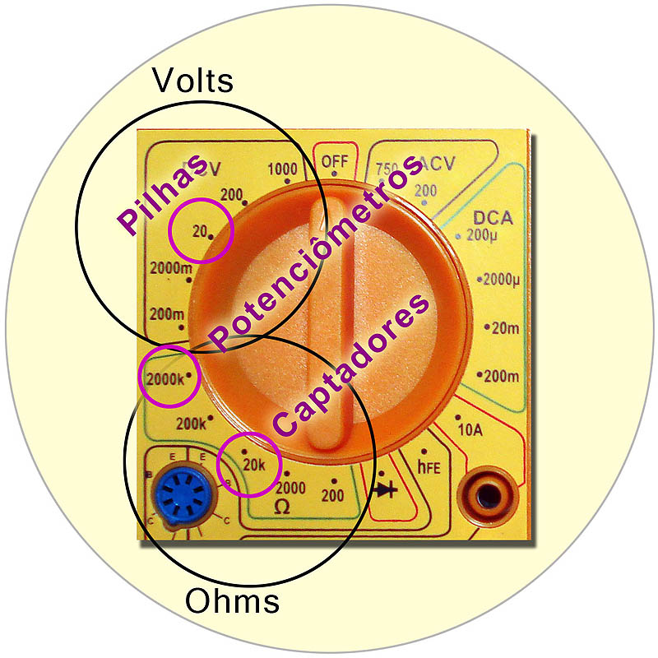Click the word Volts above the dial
click(x=193, y=81)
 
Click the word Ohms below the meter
click(x=232, y=601)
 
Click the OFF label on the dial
click(x=335, y=160)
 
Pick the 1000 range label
click(x=283, y=169)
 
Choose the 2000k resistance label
click(x=167, y=381)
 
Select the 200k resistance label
click(x=192, y=424)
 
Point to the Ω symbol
click(x=281, y=507)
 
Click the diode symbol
click(x=386, y=490)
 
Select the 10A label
click(x=470, y=429)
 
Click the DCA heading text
click(x=493, y=219)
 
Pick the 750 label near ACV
click(x=387, y=170)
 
